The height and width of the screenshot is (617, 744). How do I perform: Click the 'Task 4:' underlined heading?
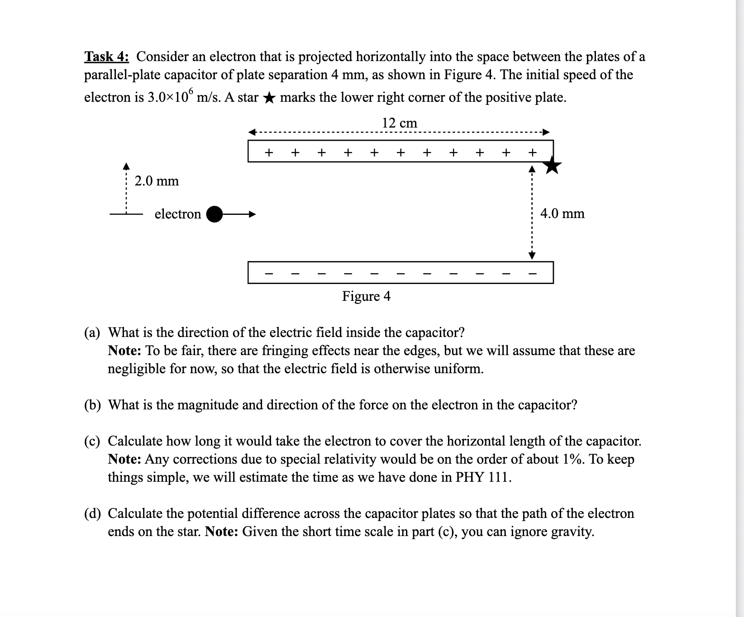coord(106,57)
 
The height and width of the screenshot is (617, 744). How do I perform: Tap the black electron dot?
coord(215,214)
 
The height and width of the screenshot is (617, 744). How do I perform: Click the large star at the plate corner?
coord(552,165)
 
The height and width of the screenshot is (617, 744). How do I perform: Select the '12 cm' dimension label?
coord(399,123)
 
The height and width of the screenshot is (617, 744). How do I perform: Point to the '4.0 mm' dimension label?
coord(562,213)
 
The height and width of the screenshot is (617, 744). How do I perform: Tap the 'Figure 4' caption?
coord(366,296)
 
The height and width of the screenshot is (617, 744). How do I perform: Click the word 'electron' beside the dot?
coord(177,214)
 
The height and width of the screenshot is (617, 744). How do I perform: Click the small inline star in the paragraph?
coord(269,98)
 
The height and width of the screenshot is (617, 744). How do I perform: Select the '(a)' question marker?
coord(92,332)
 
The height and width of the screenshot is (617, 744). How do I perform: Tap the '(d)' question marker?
coord(92,513)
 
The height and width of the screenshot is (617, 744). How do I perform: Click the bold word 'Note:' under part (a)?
coord(125,351)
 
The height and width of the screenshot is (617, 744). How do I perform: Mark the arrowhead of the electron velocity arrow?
coord(252,214)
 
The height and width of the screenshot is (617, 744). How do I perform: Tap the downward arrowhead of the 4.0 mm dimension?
coord(532,256)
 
